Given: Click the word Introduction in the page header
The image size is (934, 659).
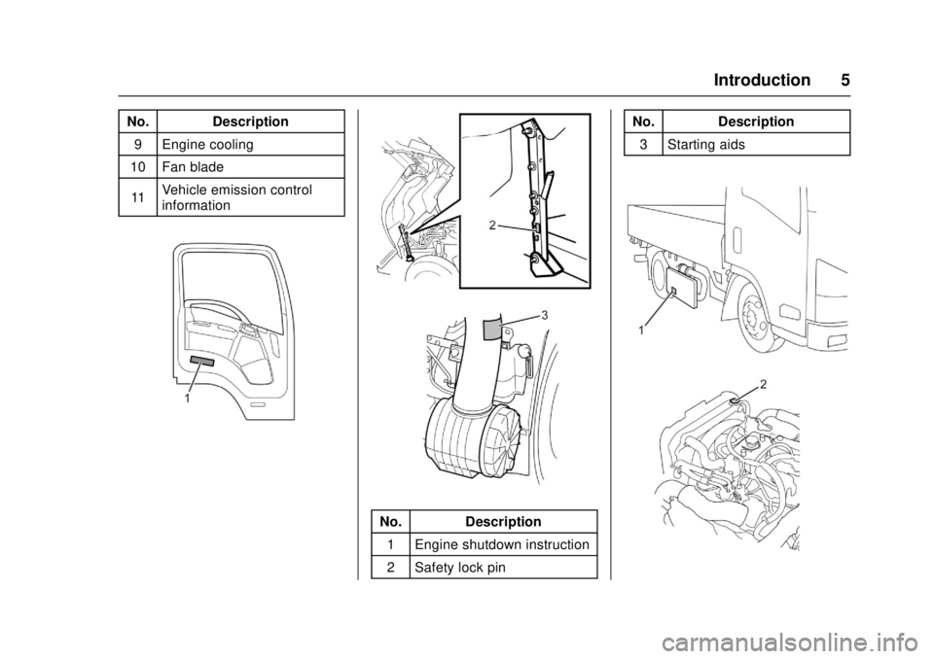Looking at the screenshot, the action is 762,80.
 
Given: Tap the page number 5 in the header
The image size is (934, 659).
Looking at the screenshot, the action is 845,80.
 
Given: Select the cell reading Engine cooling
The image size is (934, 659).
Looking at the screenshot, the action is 251,144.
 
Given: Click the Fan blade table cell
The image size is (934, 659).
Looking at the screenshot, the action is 251,166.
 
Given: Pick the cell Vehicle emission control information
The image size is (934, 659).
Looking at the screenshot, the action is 251,197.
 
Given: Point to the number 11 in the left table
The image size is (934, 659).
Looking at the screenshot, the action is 137,197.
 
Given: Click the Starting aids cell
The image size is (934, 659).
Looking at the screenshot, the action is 756,144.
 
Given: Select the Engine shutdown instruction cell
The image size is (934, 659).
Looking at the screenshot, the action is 503,544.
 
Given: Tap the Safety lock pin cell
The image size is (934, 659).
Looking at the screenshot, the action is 503,567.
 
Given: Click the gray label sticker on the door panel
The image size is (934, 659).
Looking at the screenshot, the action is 202,361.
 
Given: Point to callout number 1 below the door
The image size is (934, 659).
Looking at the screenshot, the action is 187,399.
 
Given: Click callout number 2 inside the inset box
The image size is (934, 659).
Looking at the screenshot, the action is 492,225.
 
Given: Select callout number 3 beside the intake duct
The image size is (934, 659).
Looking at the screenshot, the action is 544,314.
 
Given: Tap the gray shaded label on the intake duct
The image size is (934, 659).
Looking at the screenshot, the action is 492,328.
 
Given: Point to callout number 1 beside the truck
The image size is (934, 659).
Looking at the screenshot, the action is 641,329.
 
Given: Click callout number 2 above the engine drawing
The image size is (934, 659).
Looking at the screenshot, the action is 763,383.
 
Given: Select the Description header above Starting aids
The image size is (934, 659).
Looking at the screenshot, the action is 756,121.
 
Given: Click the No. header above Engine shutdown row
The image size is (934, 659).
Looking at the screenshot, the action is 390,522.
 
